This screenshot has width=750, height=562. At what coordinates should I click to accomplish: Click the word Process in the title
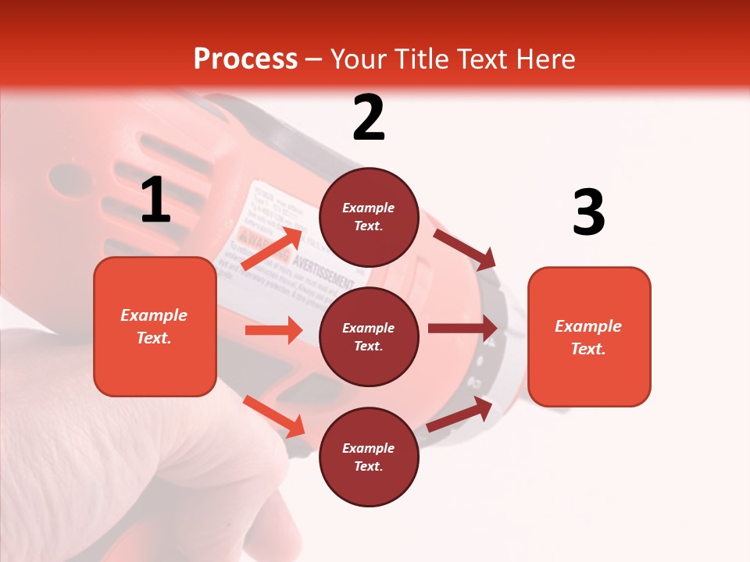[245, 59]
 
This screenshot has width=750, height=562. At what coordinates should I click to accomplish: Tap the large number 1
[155, 200]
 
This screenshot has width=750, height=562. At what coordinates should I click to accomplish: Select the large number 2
[369, 118]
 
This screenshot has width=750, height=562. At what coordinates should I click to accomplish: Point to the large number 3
[588, 212]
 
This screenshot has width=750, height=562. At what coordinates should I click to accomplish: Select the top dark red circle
[369, 217]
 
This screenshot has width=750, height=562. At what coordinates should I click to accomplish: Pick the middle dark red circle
[369, 336]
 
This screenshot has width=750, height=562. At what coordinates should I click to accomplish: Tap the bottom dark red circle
[369, 457]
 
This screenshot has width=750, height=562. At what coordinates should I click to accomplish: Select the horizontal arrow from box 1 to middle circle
[273, 330]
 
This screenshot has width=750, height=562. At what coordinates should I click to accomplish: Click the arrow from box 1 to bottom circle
[274, 416]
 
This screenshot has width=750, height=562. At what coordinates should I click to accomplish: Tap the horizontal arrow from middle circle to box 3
[462, 329]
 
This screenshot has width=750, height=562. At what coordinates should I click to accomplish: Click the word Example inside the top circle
[368, 208]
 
